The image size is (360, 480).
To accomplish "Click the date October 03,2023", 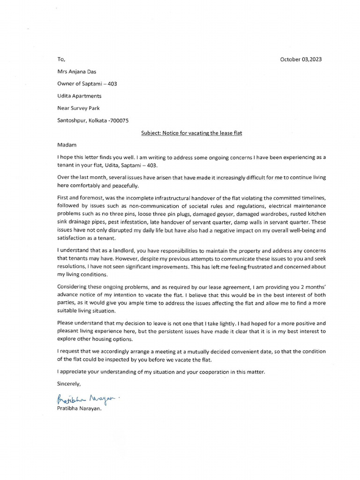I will tap(301, 60).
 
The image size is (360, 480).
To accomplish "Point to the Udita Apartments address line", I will tap(79, 96).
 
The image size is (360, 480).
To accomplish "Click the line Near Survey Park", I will tap(78, 108).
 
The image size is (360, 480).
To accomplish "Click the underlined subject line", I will tap(191, 133).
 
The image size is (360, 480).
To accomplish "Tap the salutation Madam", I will tap(66, 145).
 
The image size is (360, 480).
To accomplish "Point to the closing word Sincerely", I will tap(69, 383).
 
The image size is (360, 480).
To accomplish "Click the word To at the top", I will tap(61, 60).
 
